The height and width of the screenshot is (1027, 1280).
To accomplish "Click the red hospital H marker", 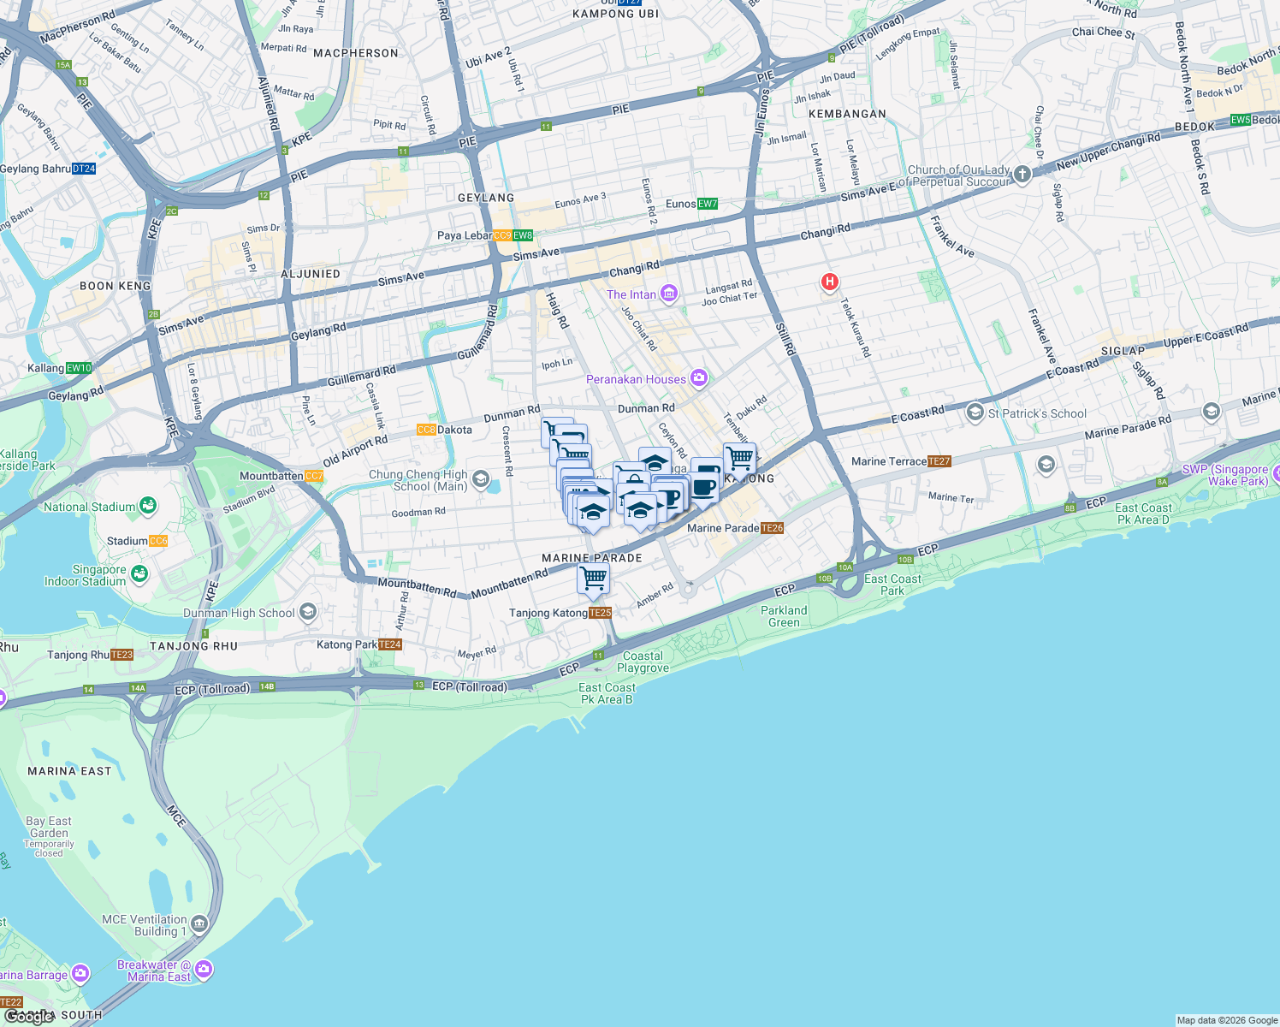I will (828, 282).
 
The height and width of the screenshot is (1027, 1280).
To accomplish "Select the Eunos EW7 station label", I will (691, 204).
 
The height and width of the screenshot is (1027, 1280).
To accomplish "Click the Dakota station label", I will (444, 430).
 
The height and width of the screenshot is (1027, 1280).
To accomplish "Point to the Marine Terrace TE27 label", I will (901, 461).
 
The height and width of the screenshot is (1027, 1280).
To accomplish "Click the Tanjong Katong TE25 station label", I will (560, 613).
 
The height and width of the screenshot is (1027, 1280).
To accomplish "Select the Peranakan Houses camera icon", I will (699, 377).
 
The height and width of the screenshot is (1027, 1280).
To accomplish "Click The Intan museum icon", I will (669, 294).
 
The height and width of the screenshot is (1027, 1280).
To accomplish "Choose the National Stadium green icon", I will (148, 506).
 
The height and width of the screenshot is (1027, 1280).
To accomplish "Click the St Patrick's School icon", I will (975, 413).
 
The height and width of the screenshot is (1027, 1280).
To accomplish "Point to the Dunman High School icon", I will (308, 612).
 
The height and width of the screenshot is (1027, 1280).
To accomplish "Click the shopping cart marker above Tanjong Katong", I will (593, 579).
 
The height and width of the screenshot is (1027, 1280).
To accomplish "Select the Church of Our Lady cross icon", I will (1022, 175).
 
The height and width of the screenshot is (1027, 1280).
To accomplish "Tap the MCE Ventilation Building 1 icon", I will (199, 924).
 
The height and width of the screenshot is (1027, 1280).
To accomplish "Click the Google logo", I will (29, 1016).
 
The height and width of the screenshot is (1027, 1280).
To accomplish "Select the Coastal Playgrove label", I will (643, 662).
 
